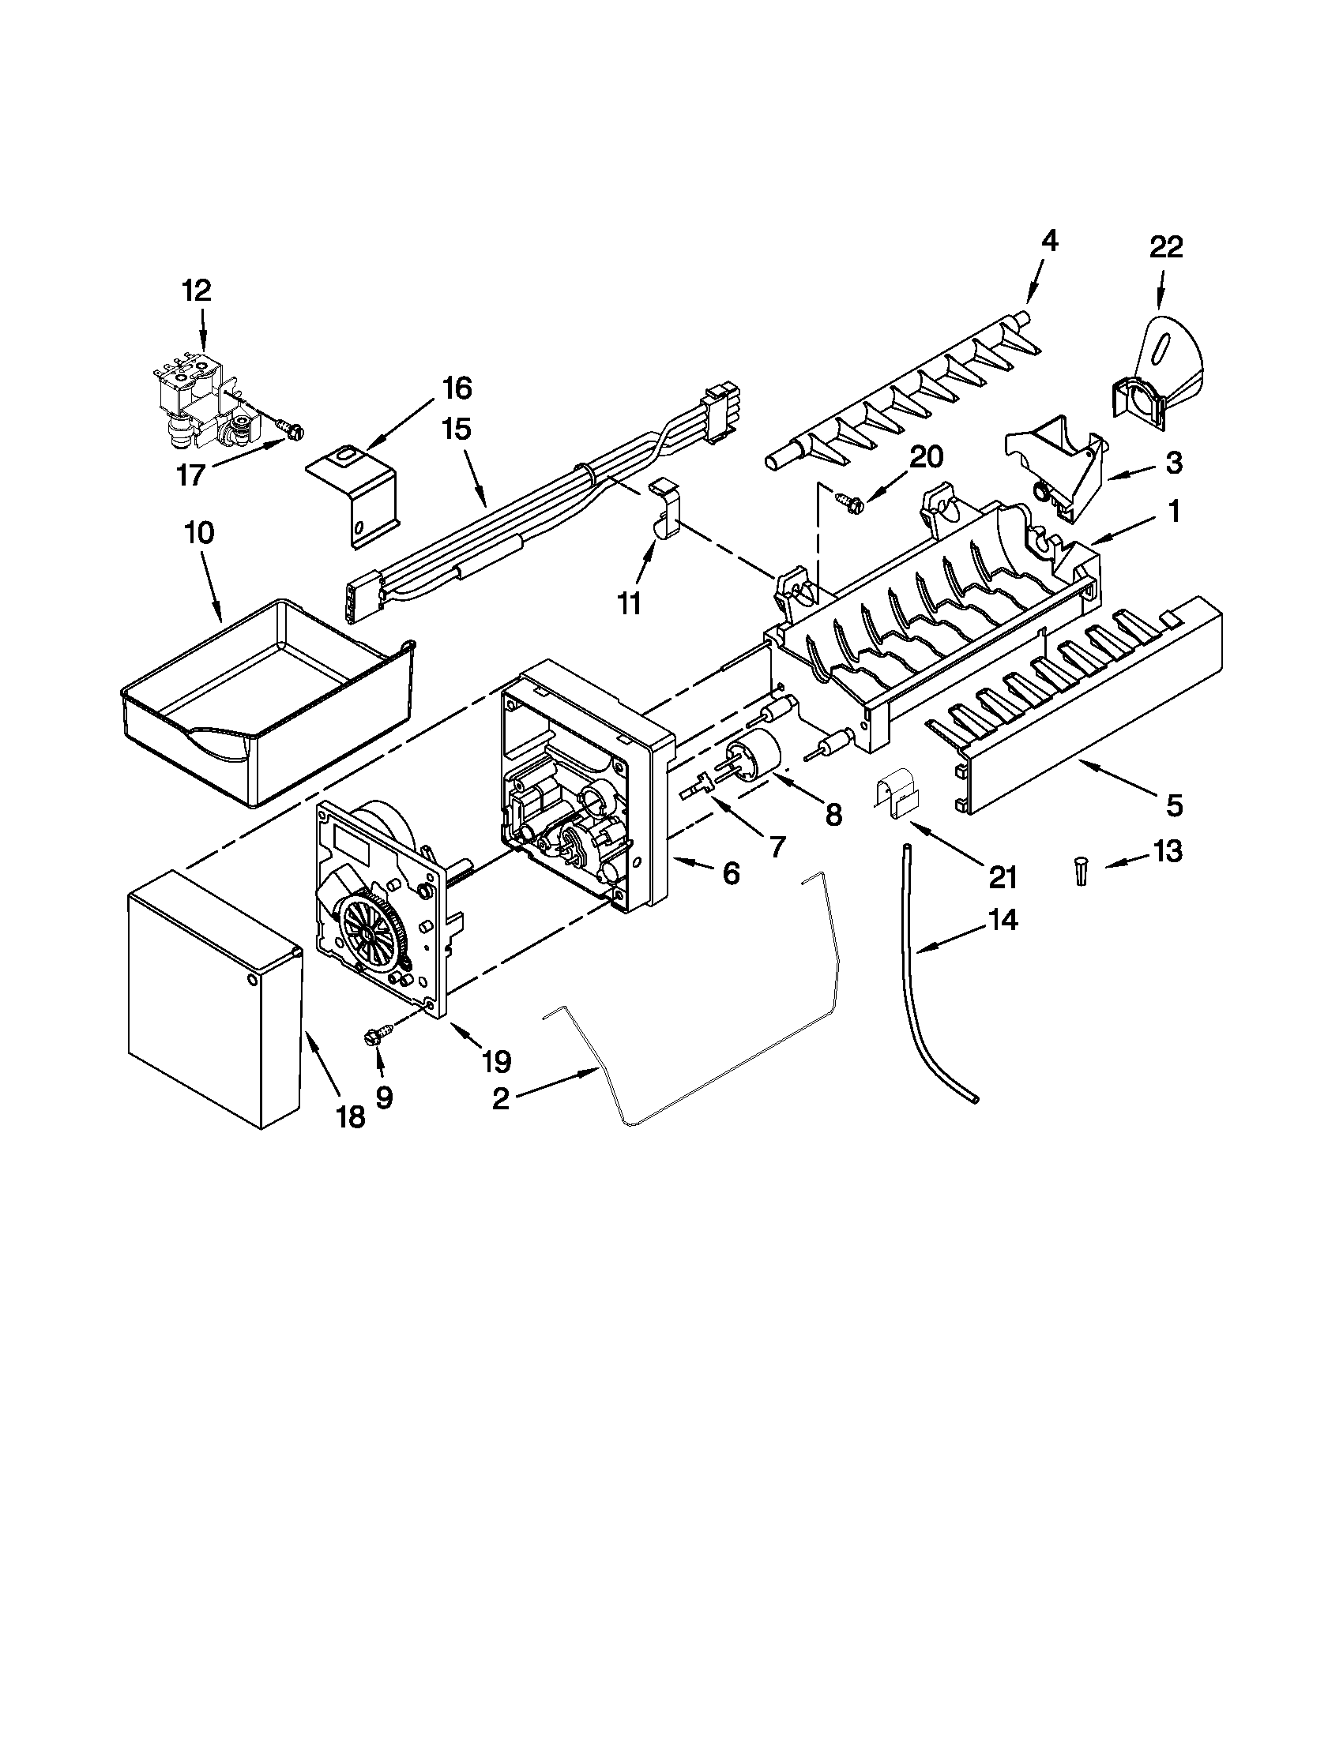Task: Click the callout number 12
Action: [197, 291]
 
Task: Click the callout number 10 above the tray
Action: [199, 533]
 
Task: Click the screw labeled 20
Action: [846, 500]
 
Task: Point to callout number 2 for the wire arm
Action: [500, 1099]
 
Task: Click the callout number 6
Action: [731, 872]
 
